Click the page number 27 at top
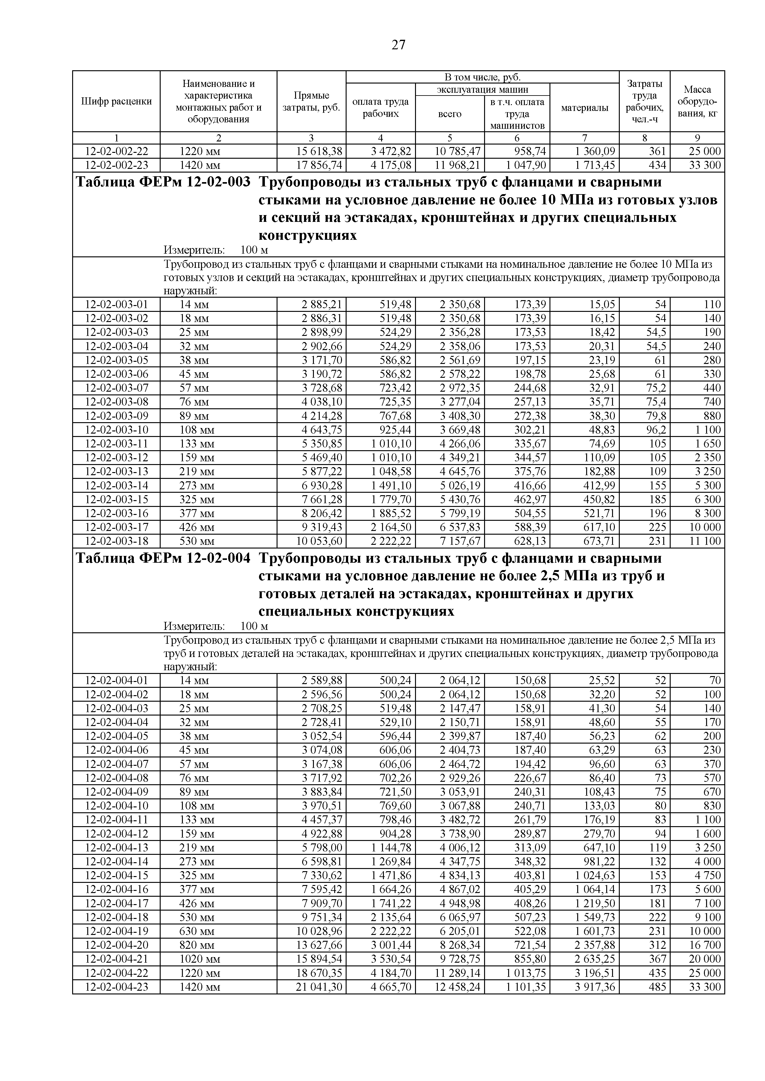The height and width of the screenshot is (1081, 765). coord(398,45)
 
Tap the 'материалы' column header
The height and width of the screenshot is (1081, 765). coord(585,108)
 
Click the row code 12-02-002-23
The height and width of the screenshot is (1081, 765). coord(116,165)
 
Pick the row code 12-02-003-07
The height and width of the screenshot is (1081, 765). coord(116,388)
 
